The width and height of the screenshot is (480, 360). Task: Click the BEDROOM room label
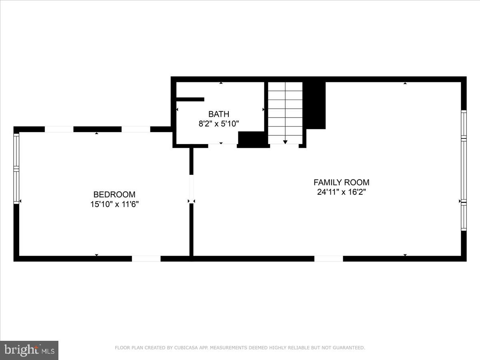[x=114, y=194]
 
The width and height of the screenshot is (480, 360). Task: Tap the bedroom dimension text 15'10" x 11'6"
[x=114, y=204]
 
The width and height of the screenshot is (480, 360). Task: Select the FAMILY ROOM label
[x=341, y=182]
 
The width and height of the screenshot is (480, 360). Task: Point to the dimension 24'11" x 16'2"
[x=341, y=192]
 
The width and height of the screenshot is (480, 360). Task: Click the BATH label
[x=218, y=114]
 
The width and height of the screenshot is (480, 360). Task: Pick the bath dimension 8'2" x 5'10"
[x=218, y=124]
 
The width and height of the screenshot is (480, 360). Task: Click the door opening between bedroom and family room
[x=191, y=189]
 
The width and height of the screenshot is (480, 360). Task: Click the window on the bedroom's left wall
[x=16, y=168]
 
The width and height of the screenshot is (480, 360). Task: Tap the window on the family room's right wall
[x=464, y=170]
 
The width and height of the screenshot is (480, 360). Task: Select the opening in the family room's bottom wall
[x=328, y=259]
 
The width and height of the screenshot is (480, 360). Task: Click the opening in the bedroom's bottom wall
[x=146, y=259]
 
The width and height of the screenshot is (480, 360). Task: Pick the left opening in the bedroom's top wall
[x=59, y=129]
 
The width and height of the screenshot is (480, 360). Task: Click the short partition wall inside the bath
[x=190, y=100]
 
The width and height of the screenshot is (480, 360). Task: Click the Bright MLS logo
[x=29, y=350]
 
